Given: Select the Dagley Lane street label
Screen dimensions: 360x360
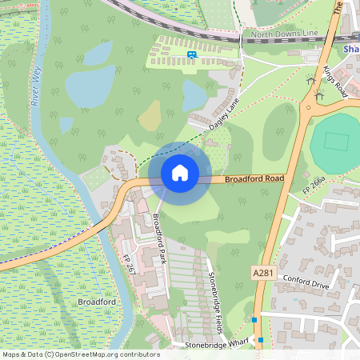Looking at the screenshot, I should coord(225,114).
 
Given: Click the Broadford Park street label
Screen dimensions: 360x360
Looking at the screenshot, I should coord(159,239).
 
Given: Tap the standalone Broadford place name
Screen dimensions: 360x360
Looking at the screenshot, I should coord(98,302).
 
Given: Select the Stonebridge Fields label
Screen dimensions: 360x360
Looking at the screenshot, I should coord(214,292).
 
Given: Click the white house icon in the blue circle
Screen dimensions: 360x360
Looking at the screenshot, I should coord(180,172).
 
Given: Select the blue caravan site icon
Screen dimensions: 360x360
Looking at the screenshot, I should coord(191,54).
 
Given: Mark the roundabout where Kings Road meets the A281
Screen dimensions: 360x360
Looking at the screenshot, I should coord(308,107).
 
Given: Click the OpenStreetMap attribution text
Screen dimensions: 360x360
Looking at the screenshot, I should coord(80,354).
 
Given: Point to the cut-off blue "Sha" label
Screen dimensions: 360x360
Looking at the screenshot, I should coord(350,49).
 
